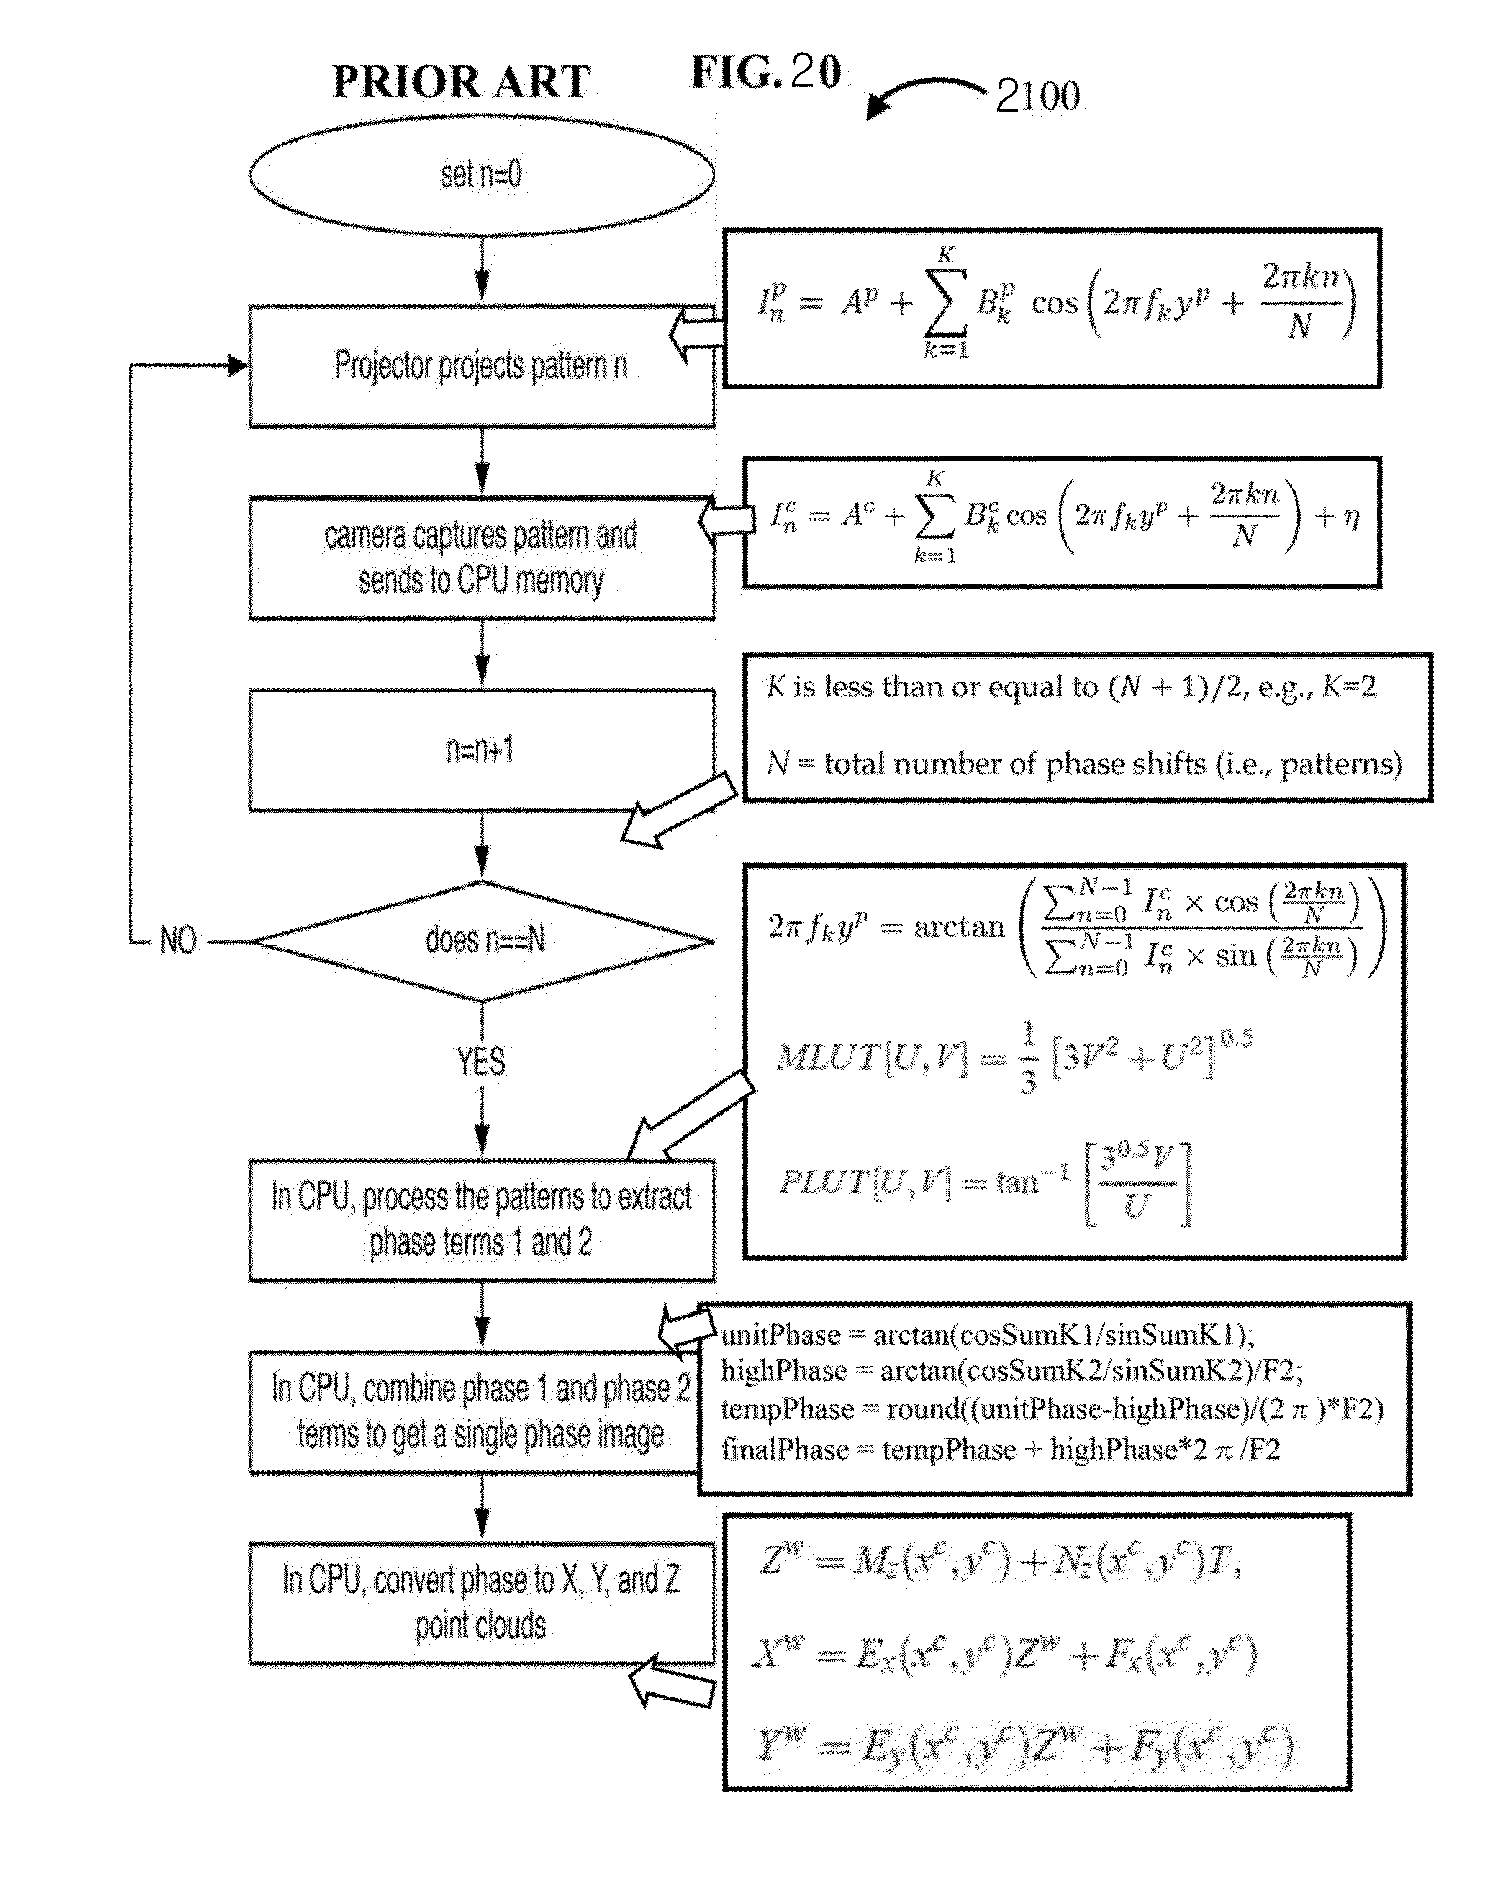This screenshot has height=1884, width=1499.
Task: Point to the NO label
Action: tap(178, 941)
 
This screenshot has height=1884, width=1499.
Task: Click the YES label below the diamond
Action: tap(480, 1061)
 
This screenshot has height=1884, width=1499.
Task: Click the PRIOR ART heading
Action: tap(461, 81)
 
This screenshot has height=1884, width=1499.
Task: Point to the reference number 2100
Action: tap(1038, 96)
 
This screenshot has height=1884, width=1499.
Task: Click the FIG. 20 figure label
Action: tap(766, 71)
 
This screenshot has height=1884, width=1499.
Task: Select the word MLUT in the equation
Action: tap(826, 1057)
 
